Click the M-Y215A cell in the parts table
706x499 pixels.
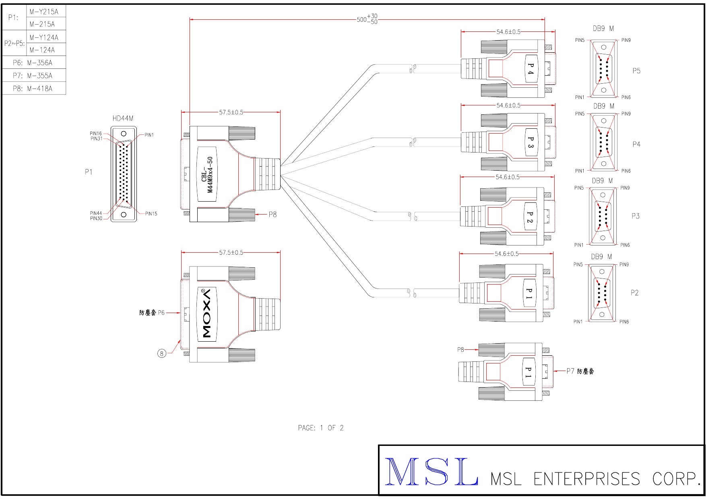pyautogui.click(x=44, y=12)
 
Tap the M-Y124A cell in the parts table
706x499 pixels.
pyautogui.click(x=44, y=37)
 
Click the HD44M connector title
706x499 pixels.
pyautogui.click(x=123, y=118)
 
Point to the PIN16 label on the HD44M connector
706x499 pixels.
pyautogui.click(x=96, y=133)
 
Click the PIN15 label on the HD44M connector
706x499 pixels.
pyautogui.click(x=151, y=214)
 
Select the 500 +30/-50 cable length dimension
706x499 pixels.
pyautogui.click(x=367, y=19)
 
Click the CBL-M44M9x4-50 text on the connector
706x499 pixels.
pyautogui.click(x=207, y=175)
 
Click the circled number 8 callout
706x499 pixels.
pyautogui.click(x=161, y=353)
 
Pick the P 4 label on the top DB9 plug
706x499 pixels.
pyautogui.click(x=531, y=69)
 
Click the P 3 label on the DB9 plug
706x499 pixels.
pyautogui.click(x=531, y=142)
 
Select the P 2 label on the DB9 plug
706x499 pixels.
pyautogui.click(x=530, y=218)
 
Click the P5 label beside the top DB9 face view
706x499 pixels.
pyautogui.click(x=636, y=71)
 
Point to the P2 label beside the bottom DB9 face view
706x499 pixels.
pyautogui.click(x=634, y=293)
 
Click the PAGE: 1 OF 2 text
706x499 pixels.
pyautogui.click(x=320, y=428)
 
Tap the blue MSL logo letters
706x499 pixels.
pyautogui.click(x=431, y=472)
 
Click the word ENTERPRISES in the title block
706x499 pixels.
pyautogui.click(x=586, y=479)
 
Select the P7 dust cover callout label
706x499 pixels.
pyautogui.click(x=580, y=371)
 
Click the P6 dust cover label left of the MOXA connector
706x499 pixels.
pyautogui.click(x=152, y=313)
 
